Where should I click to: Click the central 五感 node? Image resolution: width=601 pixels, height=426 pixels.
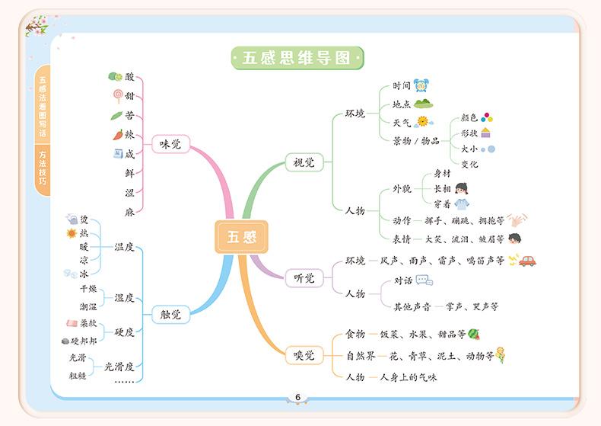point(240,236)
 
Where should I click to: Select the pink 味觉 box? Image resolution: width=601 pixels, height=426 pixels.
point(170,143)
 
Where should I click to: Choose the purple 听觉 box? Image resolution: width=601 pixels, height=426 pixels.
point(304,278)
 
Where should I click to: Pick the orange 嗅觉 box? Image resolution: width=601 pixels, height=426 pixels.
point(304,354)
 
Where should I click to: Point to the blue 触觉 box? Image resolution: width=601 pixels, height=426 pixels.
point(170,314)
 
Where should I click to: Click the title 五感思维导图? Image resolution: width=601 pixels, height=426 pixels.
point(297,58)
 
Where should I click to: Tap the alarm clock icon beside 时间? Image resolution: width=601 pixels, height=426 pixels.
point(421,85)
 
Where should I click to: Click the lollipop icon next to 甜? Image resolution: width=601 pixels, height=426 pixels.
point(118,95)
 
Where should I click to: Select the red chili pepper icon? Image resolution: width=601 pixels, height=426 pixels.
point(117,135)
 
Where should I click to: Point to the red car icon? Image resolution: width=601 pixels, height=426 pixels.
point(527,261)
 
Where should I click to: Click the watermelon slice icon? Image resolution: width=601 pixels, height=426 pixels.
point(473,334)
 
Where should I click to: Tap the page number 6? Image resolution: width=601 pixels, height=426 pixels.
point(297,397)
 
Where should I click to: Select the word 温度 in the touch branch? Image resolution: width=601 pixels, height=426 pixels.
point(124,247)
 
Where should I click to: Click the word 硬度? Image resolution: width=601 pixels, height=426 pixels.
point(124,332)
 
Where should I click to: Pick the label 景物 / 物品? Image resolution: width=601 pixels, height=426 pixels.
point(415,140)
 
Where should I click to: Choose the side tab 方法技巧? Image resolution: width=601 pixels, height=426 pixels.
point(42,168)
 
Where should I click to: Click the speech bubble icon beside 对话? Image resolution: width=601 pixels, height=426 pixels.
point(424,280)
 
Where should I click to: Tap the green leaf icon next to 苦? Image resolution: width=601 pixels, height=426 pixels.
point(116,116)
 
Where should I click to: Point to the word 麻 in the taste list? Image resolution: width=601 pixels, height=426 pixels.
point(129,213)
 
